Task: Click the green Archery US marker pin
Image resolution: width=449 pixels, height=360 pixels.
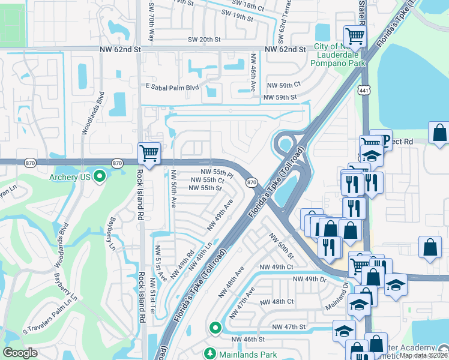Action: (100, 176)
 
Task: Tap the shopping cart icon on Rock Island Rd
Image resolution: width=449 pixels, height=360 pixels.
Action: (148, 153)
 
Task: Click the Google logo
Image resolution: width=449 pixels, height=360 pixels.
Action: (20, 353)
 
